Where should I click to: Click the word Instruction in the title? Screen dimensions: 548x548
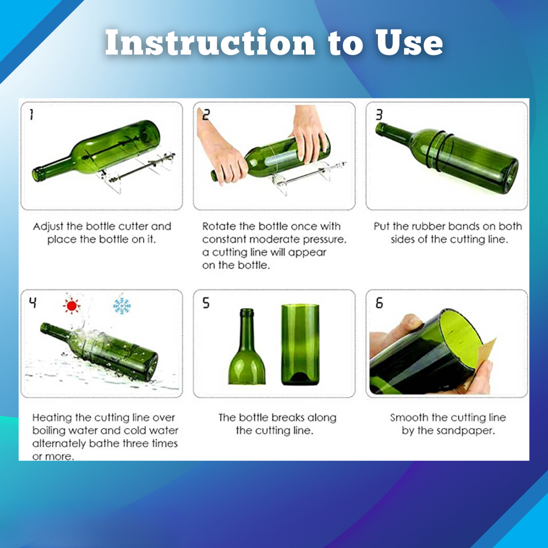click(210, 43)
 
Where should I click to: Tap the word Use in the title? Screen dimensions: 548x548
click(409, 43)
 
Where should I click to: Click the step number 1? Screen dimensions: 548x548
click(32, 115)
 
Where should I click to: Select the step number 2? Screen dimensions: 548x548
click(206, 115)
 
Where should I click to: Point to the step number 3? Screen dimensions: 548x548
click(379, 115)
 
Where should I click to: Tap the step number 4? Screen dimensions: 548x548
click(33, 302)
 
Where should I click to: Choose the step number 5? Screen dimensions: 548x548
click(206, 302)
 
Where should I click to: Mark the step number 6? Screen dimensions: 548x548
click(379, 302)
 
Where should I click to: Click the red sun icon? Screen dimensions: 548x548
click(72, 306)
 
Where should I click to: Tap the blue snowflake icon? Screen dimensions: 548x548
click(122, 306)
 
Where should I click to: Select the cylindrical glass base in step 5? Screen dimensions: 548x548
click(300, 345)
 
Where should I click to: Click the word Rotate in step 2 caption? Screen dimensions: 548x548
click(219, 227)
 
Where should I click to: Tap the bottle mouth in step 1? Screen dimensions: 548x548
click(38, 174)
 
